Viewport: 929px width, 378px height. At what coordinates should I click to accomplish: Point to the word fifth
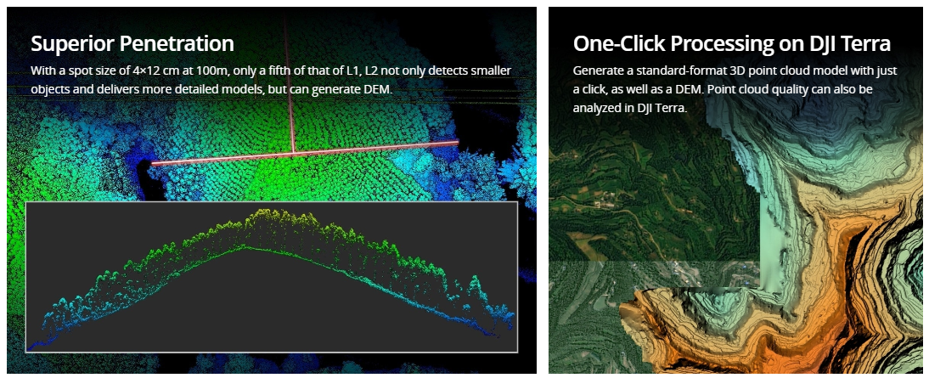point(280,71)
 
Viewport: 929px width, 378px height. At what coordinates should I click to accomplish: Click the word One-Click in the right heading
point(615,44)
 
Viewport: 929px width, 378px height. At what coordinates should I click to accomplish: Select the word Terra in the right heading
point(864,44)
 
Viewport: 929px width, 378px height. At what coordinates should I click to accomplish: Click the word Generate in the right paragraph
point(594,71)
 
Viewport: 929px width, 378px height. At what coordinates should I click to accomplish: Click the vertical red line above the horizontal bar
point(289,83)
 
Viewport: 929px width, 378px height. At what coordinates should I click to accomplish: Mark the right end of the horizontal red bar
point(458,142)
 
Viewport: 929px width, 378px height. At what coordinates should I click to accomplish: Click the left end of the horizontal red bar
point(152,163)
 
